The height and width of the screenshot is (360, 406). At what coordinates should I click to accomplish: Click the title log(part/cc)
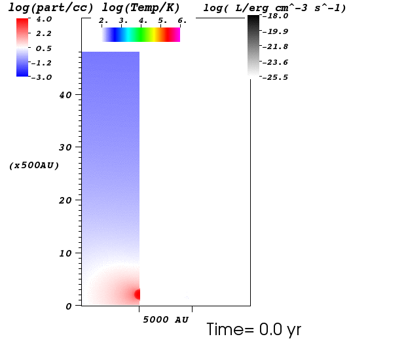(50, 8)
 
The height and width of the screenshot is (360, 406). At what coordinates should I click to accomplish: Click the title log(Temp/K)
(141, 8)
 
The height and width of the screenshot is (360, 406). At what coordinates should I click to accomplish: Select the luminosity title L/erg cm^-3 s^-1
(291, 8)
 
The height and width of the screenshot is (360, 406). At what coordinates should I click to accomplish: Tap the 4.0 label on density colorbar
(44, 19)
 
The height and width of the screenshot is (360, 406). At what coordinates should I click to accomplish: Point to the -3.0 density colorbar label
(41, 77)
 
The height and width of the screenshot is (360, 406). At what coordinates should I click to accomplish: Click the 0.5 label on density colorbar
(43, 48)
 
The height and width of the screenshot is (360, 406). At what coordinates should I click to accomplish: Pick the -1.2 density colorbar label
(41, 63)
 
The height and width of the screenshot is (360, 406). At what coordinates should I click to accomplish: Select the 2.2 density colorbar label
(43, 33)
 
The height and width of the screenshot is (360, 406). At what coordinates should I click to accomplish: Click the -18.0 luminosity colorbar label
(275, 16)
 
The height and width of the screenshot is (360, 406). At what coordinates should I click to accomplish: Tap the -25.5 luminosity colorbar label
(275, 77)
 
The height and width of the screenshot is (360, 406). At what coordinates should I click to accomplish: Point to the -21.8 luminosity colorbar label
(275, 46)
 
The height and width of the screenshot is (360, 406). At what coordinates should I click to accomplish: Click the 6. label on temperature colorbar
(182, 21)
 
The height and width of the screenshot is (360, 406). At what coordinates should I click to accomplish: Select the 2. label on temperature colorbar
(103, 21)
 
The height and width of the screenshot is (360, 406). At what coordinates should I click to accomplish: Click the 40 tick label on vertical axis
(65, 96)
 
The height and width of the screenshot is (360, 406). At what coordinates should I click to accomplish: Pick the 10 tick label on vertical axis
(65, 253)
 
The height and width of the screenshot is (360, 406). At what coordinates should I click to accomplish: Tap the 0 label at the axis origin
(68, 307)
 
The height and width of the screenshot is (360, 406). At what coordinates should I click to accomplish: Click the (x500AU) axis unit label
(34, 166)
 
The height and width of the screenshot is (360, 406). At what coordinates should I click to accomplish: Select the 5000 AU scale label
(166, 319)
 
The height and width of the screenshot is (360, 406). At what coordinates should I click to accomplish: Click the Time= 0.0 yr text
(254, 330)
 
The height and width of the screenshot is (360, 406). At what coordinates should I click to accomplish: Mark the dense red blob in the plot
(138, 295)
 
